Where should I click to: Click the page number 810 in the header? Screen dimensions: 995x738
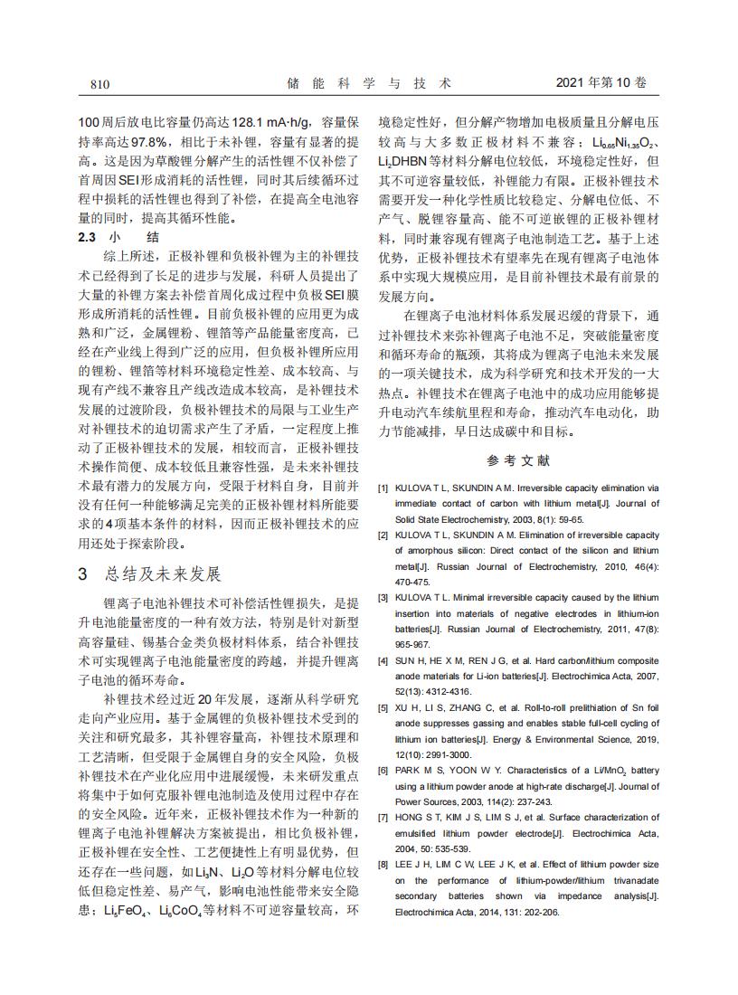coord(99,84)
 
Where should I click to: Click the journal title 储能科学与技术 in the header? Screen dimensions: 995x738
coord(368,83)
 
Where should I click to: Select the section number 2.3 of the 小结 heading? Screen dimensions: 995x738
coord(87,237)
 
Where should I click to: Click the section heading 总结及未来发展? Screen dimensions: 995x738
coord(162,574)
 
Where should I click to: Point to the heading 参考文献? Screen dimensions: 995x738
coord(518,460)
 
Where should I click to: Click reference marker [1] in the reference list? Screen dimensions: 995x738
coord(383,488)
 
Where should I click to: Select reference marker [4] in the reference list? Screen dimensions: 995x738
coord(383,660)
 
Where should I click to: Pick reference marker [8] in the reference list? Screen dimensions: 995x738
coord(383,865)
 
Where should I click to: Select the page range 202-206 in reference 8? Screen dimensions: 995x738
coord(541,912)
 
